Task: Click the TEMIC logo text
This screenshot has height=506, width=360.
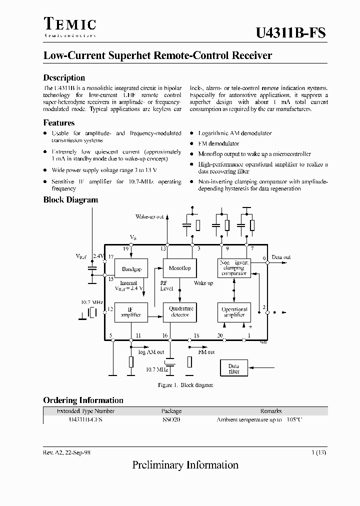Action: click(x=69, y=24)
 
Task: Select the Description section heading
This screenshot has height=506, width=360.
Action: click(x=64, y=77)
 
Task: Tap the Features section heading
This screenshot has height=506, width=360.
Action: click(x=59, y=122)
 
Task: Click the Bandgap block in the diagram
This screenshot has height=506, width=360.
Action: click(x=131, y=269)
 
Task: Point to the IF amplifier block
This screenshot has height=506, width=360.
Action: click(x=131, y=312)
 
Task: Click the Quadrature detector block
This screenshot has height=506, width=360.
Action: click(x=180, y=312)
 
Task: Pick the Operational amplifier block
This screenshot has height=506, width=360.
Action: click(x=234, y=312)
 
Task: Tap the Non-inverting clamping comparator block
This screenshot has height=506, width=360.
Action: click(x=234, y=268)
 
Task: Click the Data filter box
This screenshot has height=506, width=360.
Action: click(x=233, y=369)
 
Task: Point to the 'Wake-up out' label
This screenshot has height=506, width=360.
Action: click(x=149, y=217)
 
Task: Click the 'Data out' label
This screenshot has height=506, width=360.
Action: click(x=281, y=257)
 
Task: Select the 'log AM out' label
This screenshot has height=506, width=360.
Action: click(x=151, y=352)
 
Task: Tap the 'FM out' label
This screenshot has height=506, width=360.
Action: click(x=206, y=352)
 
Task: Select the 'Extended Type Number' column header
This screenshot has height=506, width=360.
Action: click(x=85, y=411)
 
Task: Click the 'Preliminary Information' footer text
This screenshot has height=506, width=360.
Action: click(x=185, y=465)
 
